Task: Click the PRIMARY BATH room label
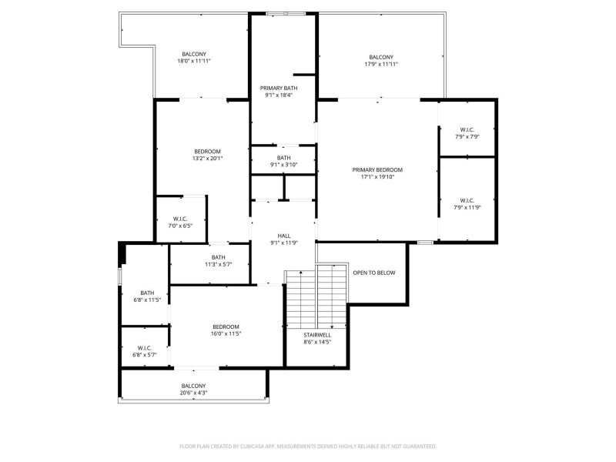coord(279,88)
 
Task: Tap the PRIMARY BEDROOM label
coord(377,169)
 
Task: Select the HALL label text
coord(284,236)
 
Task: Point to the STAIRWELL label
coord(317,335)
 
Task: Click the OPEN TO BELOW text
coord(374,273)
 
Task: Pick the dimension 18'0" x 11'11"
coord(194,61)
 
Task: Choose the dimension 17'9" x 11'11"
coord(381,64)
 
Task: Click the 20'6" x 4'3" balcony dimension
coord(193,393)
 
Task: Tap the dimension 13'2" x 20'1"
coord(207,159)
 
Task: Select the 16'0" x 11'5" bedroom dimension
coord(226,334)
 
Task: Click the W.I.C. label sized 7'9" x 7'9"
coord(467,129)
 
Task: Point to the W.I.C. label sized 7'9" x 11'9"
coord(467,200)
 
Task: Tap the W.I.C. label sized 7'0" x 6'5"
coord(180,219)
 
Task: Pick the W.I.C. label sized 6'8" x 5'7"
coord(145,348)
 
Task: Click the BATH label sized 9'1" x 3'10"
coord(283,158)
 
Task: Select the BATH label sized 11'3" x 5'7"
coord(219,257)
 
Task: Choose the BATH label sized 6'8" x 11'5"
coord(147,293)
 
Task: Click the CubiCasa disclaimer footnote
coord(308,447)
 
